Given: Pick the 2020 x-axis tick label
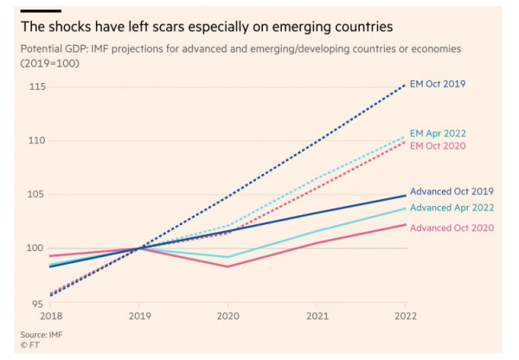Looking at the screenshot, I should click(x=227, y=317).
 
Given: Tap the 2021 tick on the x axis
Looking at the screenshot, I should click(x=316, y=317).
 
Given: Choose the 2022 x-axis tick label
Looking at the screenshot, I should click(x=405, y=317).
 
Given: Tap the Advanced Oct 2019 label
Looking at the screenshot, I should click(x=452, y=191).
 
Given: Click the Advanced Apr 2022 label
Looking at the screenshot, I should click(x=452, y=207).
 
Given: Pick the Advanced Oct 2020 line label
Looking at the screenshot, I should click(x=452, y=228).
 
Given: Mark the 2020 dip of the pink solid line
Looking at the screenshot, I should click(x=227, y=267).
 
